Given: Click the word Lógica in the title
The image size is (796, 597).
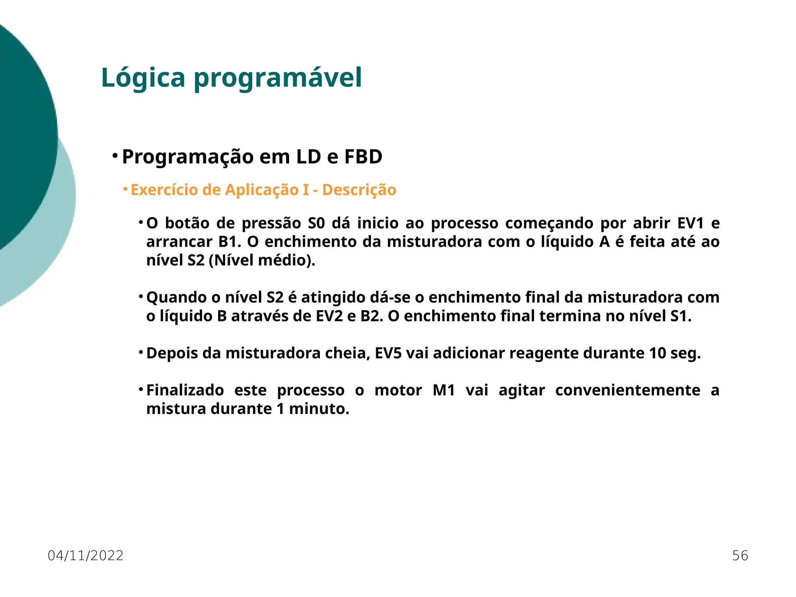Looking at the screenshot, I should pos(143,78).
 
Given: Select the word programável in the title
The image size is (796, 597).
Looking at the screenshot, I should pos(278,78).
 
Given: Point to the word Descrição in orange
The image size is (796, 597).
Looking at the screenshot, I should pos(359,190).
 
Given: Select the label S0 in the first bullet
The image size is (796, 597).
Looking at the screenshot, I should pos(316,223).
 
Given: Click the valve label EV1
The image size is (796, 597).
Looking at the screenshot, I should pos(691,223).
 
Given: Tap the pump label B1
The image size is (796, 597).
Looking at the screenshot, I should pos(230,242).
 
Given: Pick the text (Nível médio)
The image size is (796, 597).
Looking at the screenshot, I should pos(262,260).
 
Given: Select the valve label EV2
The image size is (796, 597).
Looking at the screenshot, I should pos(329,316).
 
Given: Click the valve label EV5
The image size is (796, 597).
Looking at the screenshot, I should pos(388,353).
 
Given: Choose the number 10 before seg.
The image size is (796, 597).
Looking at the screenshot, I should pos(657,353).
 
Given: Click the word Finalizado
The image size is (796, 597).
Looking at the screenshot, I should pos(185,391).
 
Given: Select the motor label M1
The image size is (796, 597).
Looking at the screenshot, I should pos(444,391).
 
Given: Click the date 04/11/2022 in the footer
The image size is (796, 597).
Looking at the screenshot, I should pos(86,556).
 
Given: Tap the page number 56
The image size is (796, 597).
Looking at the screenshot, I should pos(740,556).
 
